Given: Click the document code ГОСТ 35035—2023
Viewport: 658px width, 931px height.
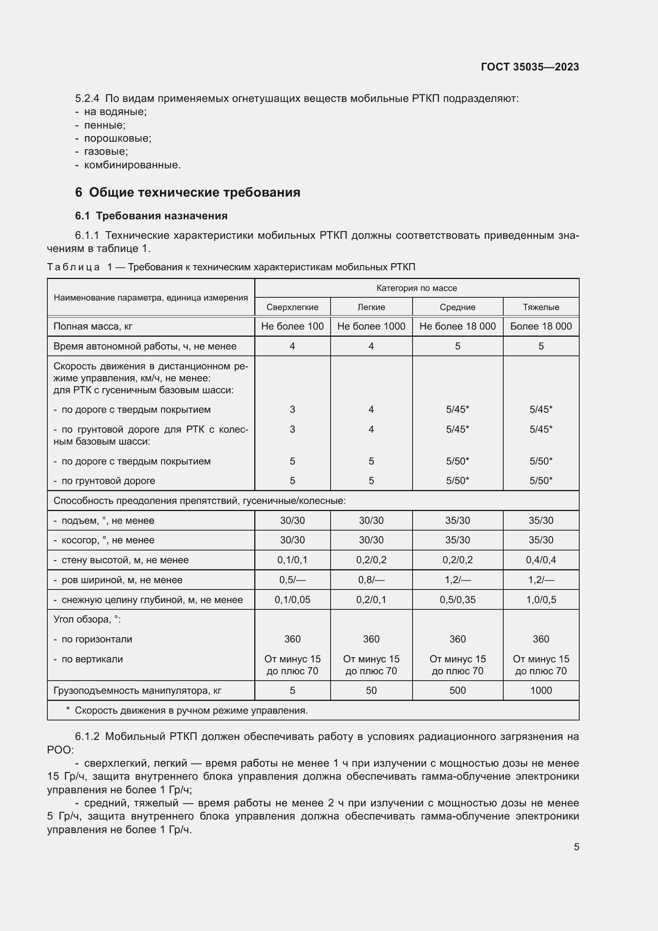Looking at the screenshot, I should (530, 67).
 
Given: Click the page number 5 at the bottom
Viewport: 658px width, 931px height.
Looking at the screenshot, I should (576, 847).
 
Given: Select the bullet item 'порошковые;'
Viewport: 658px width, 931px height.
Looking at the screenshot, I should (117, 138).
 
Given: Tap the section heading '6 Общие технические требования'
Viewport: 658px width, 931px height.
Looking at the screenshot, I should (188, 192).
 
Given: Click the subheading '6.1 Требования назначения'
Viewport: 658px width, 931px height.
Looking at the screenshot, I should (151, 216).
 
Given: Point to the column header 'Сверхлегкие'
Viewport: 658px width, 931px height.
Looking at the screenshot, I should (292, 307).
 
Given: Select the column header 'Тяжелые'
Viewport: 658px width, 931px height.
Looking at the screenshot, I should (541, 307).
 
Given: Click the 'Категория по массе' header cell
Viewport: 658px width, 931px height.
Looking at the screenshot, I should (417, 288).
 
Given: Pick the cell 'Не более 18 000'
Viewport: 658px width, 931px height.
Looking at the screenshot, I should (457, 326).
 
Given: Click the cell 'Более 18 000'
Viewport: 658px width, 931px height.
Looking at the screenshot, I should (541, 326).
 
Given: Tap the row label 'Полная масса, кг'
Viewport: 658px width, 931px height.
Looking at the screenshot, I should (93, 326).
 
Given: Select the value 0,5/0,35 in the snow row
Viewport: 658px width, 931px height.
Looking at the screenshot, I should (457, 600).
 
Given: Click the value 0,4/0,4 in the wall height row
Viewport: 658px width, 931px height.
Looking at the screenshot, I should (541, 560).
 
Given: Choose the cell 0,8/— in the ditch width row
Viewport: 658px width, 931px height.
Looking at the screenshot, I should (371, 580).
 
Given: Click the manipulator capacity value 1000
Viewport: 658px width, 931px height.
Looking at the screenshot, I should (541, 690).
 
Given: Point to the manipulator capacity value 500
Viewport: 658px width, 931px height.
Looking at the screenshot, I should (457, 690).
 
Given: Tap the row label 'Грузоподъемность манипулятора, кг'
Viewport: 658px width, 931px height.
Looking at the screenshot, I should (137, 690).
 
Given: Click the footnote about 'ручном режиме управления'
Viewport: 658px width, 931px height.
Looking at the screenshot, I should (191, 710).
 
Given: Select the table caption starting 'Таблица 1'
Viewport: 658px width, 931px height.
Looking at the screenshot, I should (231, 267).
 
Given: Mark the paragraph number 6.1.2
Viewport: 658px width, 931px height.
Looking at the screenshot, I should (87, 736).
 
